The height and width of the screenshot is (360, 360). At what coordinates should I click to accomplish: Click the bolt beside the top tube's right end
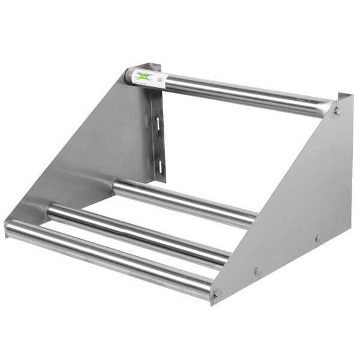pyautogui.click(x=338, y=110)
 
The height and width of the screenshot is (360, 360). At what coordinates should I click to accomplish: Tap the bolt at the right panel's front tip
pyautogui.click(x=217, y=293)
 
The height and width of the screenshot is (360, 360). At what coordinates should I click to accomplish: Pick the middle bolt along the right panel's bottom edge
pyautogui.click(x=257, y=271)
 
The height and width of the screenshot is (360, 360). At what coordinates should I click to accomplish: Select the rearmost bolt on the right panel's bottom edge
pyautogui.click(x=319, y=238)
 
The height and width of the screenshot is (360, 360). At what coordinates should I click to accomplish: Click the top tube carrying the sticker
pyautogui.click(x=240, y=93)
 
